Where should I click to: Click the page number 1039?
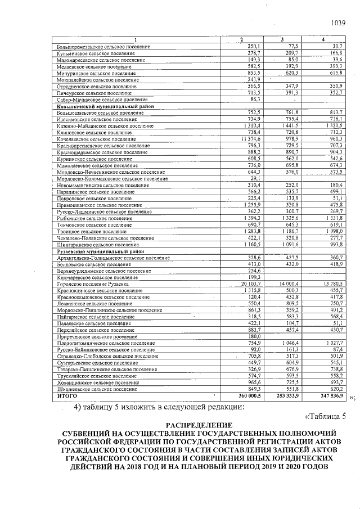click(337, 23)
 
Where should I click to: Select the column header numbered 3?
click(282, 39)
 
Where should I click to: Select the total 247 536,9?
click(330, 397)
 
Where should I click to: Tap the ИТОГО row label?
click(64, 397)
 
